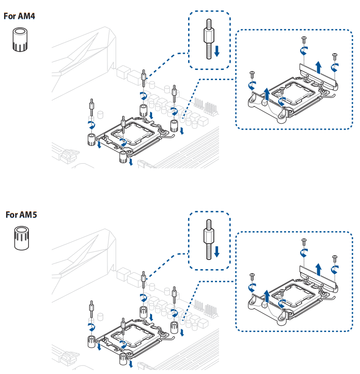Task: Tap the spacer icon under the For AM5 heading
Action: click(x=20, y=238)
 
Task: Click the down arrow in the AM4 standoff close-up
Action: click(x=217, y=50)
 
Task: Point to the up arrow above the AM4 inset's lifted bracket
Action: click(x=318, y=67)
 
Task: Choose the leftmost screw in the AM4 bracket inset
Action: click(x=252, y=74)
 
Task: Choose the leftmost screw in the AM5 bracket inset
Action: click(x=252, y=276)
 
